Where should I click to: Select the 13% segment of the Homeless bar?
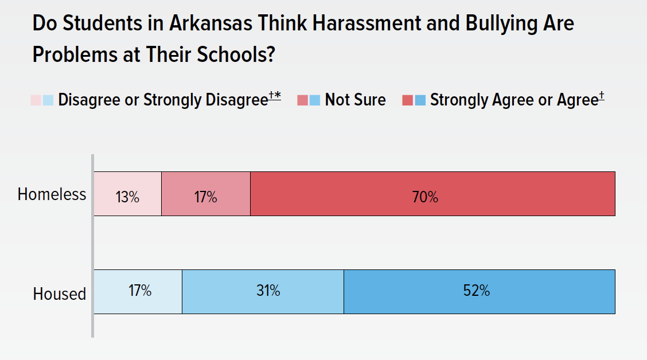[127, 194]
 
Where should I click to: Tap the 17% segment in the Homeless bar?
[205, 194]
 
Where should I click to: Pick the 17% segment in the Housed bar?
[138, 292]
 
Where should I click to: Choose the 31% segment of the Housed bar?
[263, 292]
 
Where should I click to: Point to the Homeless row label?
[52, 194]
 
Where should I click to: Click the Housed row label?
[59, 294]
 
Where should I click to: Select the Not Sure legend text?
[355, 100]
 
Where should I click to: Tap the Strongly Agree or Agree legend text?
[514, 100]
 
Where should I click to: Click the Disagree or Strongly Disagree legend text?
[163, 100]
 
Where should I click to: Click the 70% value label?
[425, 198]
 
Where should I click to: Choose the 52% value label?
[477, 291]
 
